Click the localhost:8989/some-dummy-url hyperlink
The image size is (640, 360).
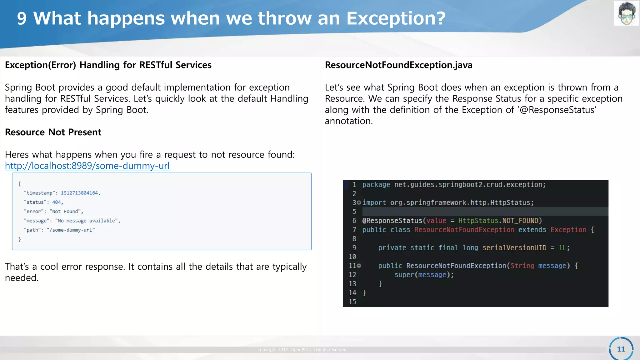(87, 166)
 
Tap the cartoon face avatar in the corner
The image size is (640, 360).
(626, 13)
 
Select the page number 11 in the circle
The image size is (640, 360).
(621, 349)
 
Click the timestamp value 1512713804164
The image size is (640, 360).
(79, 193)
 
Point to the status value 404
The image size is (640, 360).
(57, 202)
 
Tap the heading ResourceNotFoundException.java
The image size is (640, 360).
(398, 65)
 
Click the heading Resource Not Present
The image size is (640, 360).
(53, 132)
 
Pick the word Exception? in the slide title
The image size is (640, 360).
(396, 18)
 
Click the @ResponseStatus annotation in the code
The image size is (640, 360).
(392, 221)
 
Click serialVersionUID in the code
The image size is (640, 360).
(514, 248)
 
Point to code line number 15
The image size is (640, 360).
(352, 302)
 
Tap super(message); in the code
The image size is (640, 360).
(424, 275)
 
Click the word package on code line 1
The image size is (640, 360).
(376, 185)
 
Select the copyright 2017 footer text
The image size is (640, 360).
(302, 350)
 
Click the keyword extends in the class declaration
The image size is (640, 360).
(532, 230)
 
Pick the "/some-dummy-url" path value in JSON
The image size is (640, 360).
(71, 230)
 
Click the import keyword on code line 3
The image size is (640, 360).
(374, 203)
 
